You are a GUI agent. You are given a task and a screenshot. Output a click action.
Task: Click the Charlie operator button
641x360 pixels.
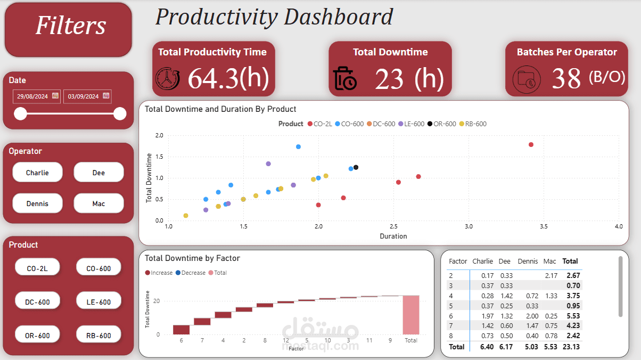[x=37, y=173]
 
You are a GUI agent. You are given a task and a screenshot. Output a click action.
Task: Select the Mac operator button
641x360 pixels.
[x=98, y=203]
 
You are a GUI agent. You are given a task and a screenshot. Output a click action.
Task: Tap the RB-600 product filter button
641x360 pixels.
[x=98, y=336]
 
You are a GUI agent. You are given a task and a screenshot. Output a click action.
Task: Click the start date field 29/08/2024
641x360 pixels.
[x=32, y=96]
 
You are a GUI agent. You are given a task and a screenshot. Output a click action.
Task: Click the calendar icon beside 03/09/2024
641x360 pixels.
[x=106, y=96]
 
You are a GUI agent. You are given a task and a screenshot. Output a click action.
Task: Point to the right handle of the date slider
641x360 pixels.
[x=120, y=113]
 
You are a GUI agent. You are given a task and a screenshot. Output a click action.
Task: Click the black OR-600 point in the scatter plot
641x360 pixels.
[x=356, y=167]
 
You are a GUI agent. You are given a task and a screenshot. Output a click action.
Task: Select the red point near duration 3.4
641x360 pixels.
[x=531, y=145]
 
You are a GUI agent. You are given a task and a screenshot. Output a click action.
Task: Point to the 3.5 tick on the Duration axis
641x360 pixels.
[x=544, y=227]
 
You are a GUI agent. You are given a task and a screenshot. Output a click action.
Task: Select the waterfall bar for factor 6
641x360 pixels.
[x=181, y=329]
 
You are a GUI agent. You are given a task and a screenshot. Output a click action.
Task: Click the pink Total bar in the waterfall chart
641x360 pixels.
[x=410, y=314]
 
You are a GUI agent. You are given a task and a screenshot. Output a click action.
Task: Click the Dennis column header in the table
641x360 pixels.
[x=528, y=261]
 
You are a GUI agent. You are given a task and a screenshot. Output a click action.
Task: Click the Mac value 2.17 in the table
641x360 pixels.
[x=550, y=275]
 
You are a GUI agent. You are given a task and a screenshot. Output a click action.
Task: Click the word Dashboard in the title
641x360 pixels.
[x=339, y=17]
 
